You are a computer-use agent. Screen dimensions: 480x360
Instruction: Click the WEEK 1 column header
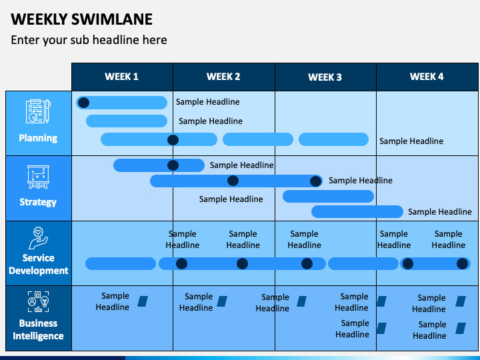click(121, 77)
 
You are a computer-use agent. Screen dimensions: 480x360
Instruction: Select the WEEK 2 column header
click(223, 77)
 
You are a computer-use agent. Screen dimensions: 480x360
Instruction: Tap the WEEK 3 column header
click(325, 77)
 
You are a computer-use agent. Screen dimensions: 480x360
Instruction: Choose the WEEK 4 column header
click(427, 77)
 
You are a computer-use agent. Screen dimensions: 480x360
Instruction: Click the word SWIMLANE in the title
click(112, 19)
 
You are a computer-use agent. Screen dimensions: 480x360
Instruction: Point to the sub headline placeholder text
click(89, 40)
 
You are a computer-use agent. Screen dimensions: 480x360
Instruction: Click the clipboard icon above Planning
click(38, 111)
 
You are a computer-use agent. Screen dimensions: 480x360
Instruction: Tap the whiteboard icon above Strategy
click(38, 177)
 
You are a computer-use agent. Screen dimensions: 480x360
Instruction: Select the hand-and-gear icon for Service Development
click(38, 238)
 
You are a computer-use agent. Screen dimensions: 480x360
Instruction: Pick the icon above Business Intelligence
click(38, 301)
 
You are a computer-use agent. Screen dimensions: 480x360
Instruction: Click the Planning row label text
click(38, 138)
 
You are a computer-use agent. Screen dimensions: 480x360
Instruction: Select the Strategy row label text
click(38, 202)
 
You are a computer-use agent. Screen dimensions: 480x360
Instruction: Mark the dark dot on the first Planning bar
click(83, 103)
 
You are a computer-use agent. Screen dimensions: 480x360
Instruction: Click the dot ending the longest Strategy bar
click(315, 181)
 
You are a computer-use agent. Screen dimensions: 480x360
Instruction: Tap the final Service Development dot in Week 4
click(462, 263)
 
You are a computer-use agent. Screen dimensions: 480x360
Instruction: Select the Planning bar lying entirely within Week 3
click(334, 139)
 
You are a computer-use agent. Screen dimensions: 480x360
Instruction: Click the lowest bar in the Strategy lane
click(357, 211)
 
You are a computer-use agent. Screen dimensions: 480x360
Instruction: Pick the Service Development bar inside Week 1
click(121, 263)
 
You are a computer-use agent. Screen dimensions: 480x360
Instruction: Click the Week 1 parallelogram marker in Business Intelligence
click(143, 301)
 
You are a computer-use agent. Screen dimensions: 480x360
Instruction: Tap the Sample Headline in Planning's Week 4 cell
click(411, 141)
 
